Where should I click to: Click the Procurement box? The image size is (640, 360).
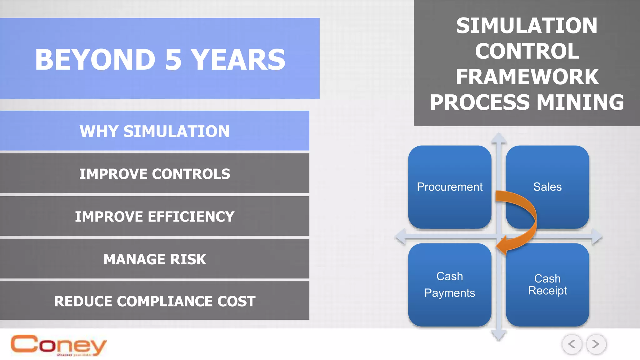tap(449, 187)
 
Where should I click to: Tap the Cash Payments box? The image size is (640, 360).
tap(449, 285)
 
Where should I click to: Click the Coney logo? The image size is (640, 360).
tap(58, 345)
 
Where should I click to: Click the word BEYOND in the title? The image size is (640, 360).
tap(95, 60)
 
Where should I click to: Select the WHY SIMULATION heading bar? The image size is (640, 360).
tap(154, 131)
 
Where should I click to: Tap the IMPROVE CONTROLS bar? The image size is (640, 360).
tap(154, 174)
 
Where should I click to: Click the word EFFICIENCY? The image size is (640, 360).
tap(191, 217)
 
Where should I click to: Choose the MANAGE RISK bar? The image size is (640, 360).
tap(154, 259)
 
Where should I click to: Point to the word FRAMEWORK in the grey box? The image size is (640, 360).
tap(527, 77)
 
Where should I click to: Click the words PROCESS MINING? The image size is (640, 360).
tap(527, 102)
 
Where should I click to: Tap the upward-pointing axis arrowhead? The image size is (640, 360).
tap(498, 138)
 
